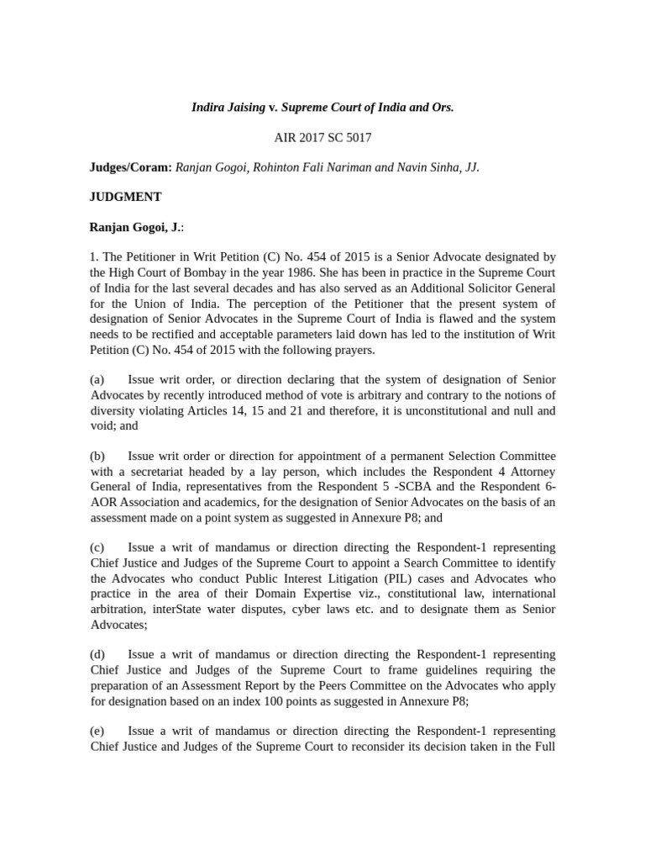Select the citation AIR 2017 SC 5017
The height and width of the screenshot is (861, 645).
tap(322, 137)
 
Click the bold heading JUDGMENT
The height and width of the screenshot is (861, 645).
tap(126, 197)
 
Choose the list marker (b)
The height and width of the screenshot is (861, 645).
tap(98, 456)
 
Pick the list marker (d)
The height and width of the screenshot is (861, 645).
tap(98, 654)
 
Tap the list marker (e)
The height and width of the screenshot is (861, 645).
tap(97, 732)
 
